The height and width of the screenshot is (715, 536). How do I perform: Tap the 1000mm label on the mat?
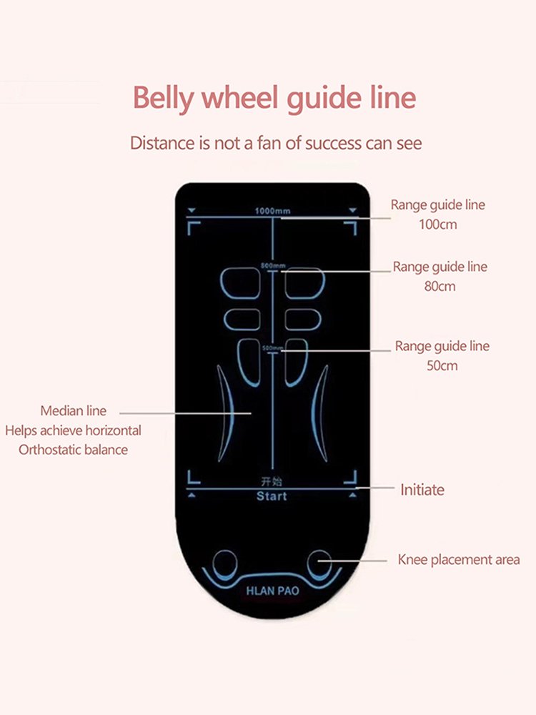coord(272,211)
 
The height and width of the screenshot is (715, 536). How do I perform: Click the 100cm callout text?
coord(437,225)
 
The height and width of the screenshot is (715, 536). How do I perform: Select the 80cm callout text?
coord(440,287)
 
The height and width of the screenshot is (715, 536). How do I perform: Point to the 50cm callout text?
coord(442,366)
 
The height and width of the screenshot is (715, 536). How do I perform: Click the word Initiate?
coord(422,490)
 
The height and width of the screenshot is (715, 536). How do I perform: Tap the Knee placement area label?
coord(458,560)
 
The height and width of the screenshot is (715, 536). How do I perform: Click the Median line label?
coord(73,411)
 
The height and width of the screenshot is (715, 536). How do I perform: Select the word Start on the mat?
coord(272,496)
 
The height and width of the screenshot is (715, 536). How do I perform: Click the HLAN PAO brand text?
coord(272,591)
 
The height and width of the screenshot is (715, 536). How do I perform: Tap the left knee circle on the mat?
coord(226,562)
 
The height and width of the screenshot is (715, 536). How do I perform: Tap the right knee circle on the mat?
coord(318,562)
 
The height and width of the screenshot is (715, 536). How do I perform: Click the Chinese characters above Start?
coord(272,481)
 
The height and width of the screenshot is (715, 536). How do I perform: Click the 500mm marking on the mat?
coord(272,347)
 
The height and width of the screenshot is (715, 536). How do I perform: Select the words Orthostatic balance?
coord(73,450)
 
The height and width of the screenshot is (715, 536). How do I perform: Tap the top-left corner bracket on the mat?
coord(193,227)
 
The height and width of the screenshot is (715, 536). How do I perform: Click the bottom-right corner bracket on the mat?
coord(350,478)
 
